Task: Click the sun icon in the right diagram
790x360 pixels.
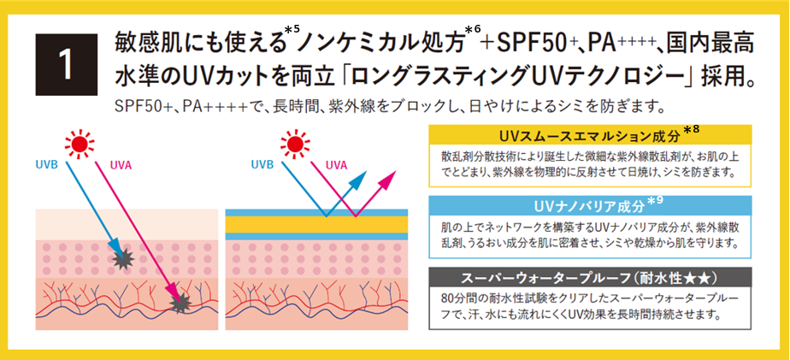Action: click(x=295, y=144)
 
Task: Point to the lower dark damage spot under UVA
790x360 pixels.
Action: click(x=180, y=302)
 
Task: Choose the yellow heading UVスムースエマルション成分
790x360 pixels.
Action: click(x=587, y=136)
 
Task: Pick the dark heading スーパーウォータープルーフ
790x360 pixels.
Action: click(x=588, y=278)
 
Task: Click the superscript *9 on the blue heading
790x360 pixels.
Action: click(x=656, y=200)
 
